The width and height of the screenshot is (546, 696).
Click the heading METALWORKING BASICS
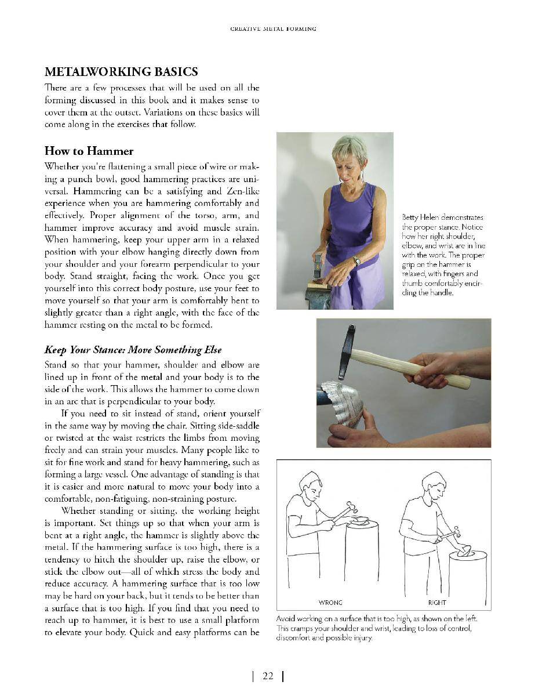coord(121,72)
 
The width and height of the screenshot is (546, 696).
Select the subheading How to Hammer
coord(89,151)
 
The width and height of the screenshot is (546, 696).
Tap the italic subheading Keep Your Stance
coord(133,350)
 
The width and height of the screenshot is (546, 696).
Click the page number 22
coord(267,676)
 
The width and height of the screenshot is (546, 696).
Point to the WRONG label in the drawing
coord(330,602)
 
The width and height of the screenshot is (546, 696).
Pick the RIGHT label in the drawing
coord(437,602)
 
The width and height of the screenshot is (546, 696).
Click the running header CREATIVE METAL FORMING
coord(272,29)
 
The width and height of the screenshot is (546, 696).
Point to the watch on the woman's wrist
coord(356,261)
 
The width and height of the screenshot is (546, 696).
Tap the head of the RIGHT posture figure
coord(434,483)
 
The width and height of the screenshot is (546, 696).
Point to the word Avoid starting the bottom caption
coord(286,618)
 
